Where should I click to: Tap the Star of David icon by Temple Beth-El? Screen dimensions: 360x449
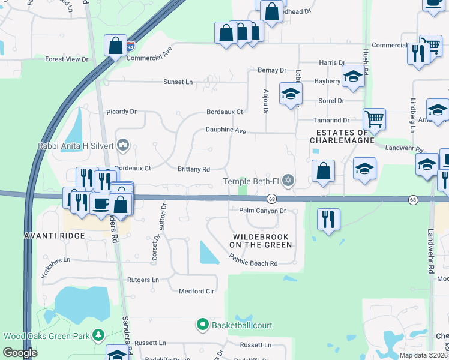pos(289,180)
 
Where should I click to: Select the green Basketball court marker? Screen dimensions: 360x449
pos(203,325)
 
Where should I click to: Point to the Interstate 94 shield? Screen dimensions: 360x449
pos(131,45)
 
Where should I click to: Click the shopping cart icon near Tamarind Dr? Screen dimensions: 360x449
pos(374,119)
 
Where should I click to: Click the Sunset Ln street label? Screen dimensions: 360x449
pos(178,82)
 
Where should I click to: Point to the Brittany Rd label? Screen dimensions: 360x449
pos(193,169)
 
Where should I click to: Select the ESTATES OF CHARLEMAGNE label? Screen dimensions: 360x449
pos(339,136)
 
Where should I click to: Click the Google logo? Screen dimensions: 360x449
pos(20,353)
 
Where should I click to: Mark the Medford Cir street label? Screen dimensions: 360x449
pos(196,291)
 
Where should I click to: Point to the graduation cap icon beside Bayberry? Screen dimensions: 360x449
pos(354,76)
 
